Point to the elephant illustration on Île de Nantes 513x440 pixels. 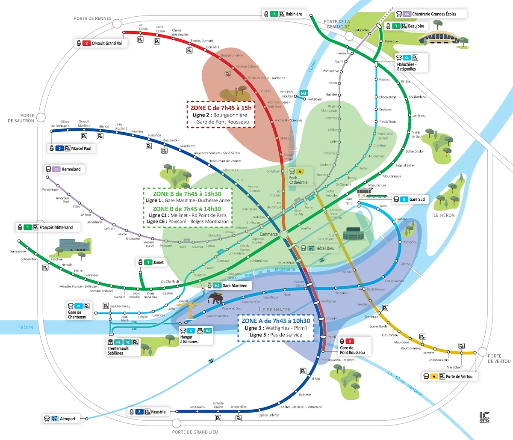pyautogui.click(x=218, y=298)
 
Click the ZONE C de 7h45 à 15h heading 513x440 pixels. pyautogui.click(x=221, y=108)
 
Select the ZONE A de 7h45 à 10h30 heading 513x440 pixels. pyautogui.click(x=276, y=321)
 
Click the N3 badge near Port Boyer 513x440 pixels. pyautogui.click(x=303, y=93)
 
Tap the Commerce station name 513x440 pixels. pyautogui.click(x=268, y=234)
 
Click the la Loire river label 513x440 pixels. pyautogui.click(x=26, y=327)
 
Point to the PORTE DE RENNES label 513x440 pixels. pyautogui.click(x=92, y=18)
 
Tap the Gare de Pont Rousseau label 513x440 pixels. pyautogui.click(x=352, y=350)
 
